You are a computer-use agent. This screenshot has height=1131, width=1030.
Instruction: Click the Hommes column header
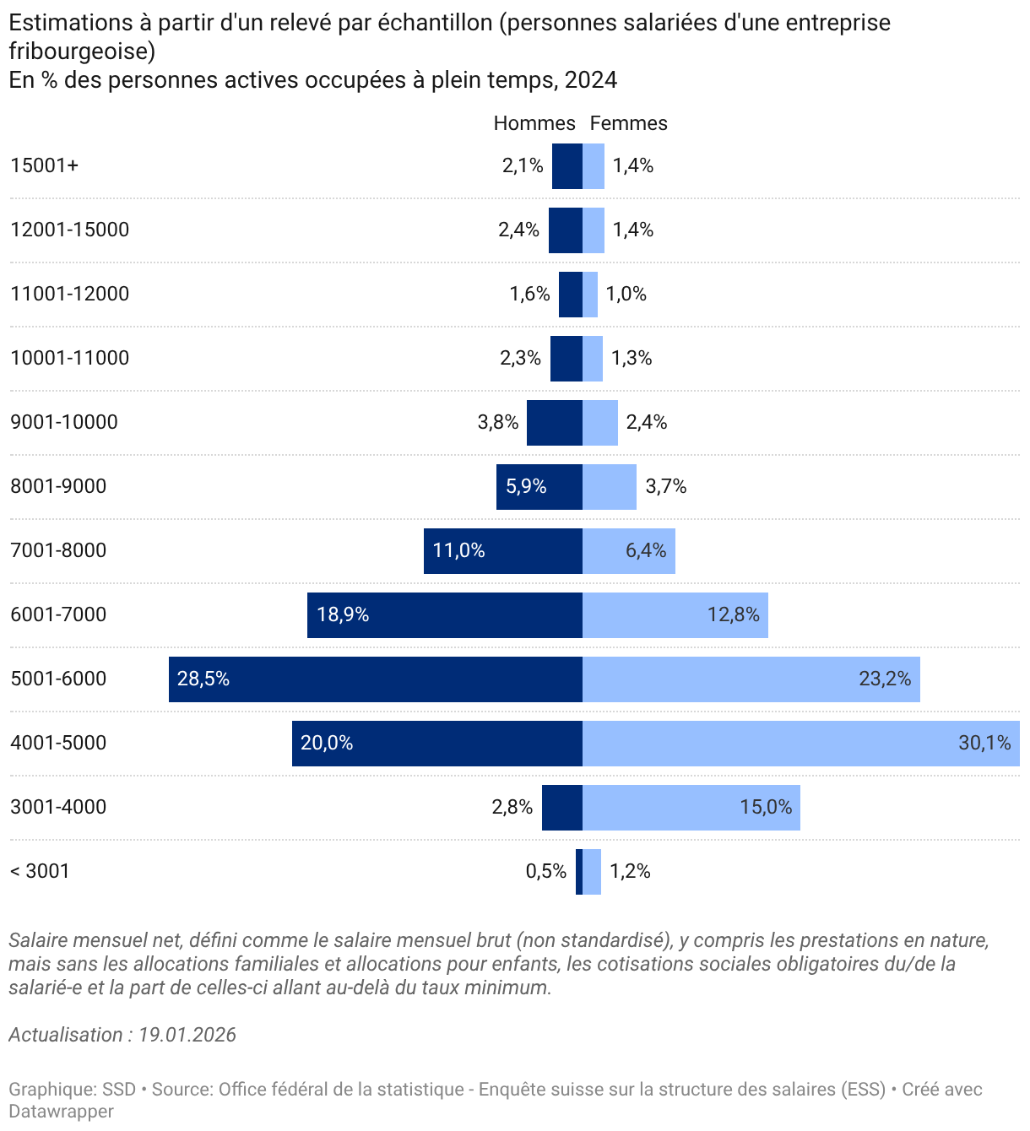point(534,123)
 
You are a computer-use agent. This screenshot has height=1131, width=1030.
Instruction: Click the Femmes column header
point(628,123)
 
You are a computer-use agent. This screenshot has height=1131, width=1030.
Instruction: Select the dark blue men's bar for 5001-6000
point(376,679)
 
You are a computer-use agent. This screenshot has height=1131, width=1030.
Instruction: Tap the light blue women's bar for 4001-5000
point(800,744)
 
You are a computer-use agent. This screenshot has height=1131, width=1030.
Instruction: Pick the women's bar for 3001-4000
point(691,808)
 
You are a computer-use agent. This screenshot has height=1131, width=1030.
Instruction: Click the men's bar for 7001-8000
point(503,551)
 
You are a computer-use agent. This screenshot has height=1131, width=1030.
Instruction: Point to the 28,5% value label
point(203,679)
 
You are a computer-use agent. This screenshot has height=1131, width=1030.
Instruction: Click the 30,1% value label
point(984,744)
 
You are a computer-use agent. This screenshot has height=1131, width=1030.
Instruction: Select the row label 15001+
point(45,165)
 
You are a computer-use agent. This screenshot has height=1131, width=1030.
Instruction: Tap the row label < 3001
point(40,871)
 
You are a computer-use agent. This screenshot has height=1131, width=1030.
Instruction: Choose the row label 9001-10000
point(64,422)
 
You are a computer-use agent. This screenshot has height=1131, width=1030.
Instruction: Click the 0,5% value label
point(546,871)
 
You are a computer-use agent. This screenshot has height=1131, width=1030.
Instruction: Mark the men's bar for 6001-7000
point(445,615)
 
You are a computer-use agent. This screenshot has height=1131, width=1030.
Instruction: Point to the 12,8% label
point(733,615)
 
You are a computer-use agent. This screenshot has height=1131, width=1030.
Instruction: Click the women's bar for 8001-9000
point(610,487)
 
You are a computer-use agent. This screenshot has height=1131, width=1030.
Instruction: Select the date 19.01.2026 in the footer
point(187,1035)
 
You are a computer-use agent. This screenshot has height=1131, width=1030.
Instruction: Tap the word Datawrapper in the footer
point(62,1112)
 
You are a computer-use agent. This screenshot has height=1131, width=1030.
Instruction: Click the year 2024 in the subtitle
point(591,80)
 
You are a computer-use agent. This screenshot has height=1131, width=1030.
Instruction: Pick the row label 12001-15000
point(70,230)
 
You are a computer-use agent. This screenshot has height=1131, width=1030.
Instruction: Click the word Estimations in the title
point(68,23)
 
